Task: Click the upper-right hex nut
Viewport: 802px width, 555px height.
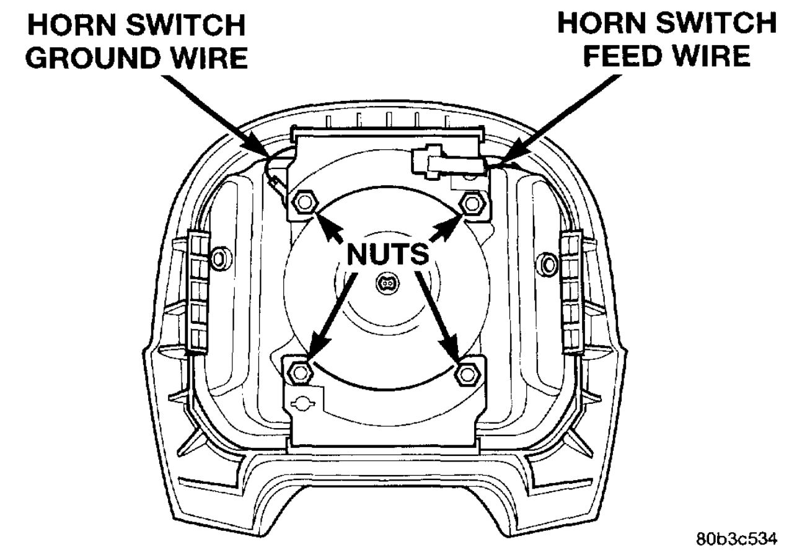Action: [x=472, y=203]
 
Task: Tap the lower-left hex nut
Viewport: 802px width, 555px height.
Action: [x=300, y=372]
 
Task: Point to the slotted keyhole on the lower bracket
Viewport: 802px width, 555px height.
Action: [x=304, y=403]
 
